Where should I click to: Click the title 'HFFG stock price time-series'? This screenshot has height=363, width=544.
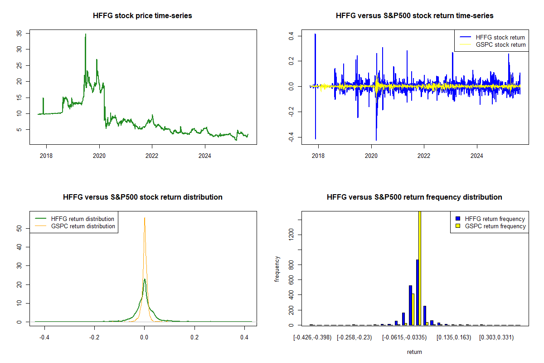click(142, 16)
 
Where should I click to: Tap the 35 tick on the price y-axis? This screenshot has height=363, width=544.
click(19, 33)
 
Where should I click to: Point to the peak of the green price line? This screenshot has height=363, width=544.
click(85, 34)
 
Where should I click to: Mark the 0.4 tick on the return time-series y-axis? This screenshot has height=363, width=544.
click(291, 34)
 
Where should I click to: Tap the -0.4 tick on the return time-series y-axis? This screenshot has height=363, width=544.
click(291, 137)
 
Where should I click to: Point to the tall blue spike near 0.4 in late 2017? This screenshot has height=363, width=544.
click(315, 34)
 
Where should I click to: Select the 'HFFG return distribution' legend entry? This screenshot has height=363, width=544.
click(83, 219)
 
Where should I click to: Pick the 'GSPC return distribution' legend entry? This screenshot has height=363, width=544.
click(83, 226)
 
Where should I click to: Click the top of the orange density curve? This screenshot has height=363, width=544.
click(144, 218)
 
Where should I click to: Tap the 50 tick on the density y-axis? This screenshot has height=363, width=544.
click(19, 229)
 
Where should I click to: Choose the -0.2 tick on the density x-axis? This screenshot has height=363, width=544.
click(94, 338)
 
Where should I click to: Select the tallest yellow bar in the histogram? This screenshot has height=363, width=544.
click(420, 268)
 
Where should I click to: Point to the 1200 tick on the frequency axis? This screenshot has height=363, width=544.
click(291, 234)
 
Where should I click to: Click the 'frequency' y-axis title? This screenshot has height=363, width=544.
click(277, 269)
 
